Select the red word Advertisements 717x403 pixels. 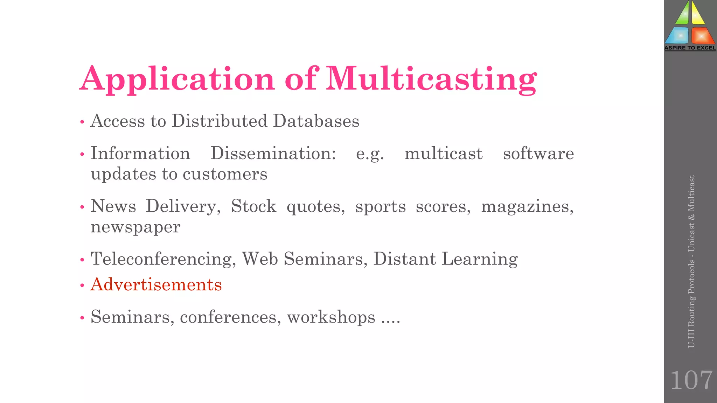(156, 284)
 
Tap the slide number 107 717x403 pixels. (691, 380)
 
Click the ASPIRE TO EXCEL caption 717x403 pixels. (690, 48)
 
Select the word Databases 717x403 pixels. (316, 121)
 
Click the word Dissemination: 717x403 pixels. (273, 154)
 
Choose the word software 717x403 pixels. (538, 154)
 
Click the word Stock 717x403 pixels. (253, 206)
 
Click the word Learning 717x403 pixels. (480, 259)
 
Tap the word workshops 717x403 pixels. (331, 317)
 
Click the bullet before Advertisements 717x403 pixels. (82, 285)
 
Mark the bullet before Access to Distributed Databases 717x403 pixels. (82, 122)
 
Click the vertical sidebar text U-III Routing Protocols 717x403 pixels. (691, 304)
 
